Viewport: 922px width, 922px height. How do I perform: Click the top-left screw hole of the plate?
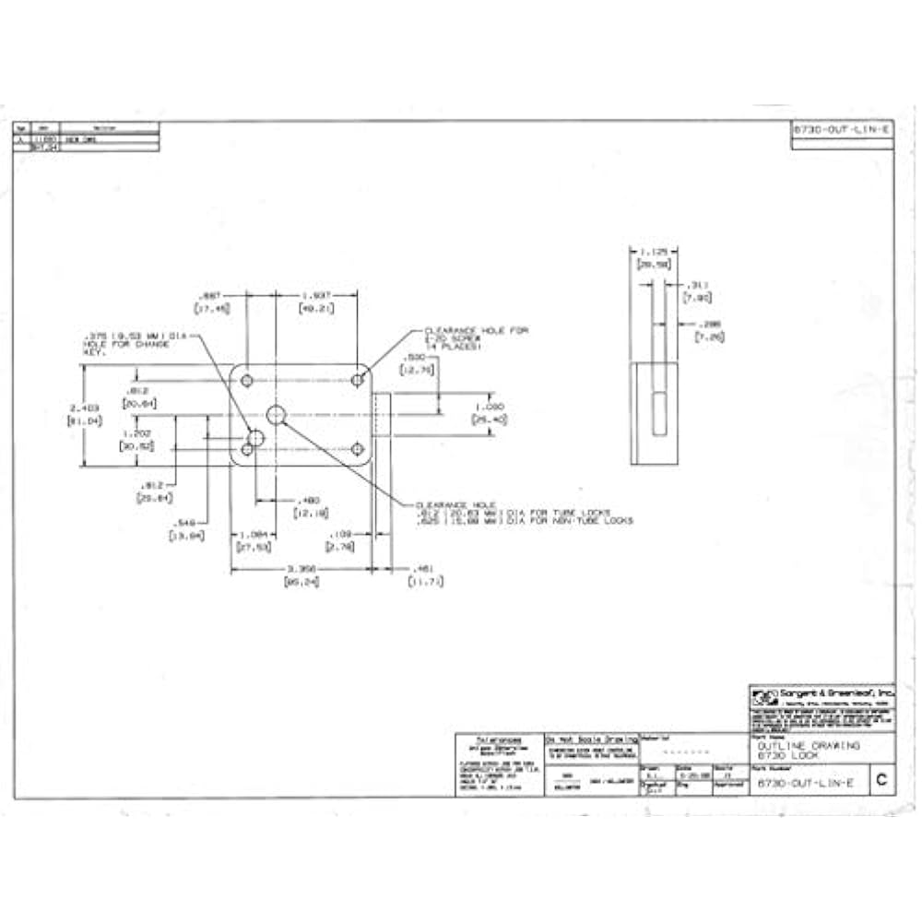[247, 379]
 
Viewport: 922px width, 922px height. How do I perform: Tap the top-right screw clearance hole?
[357, 379]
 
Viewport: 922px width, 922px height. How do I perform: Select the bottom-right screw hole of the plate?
[357, 449]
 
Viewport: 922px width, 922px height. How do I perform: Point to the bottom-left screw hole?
[247, 449]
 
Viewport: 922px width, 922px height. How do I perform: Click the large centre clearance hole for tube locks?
[276, 415]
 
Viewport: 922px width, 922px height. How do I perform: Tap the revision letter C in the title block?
[881, 781]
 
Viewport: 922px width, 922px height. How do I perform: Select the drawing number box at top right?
[843, 130]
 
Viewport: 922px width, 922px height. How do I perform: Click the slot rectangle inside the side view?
[658, 413]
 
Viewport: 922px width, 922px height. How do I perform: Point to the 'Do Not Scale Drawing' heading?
[590, 739]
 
